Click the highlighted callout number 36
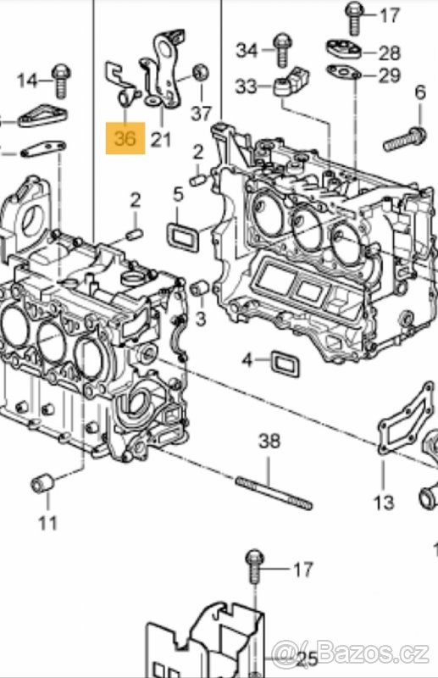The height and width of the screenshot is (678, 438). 125,138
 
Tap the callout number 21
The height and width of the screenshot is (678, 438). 161,139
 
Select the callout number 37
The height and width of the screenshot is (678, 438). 202,114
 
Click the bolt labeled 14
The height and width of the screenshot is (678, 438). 60,81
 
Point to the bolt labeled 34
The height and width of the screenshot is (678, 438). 281,50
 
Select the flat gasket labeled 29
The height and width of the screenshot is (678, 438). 344,71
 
